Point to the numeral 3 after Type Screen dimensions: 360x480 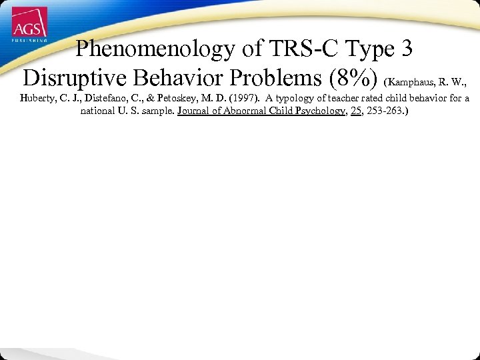(x=412, y=49)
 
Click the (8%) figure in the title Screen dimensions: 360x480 (x=357, y=79)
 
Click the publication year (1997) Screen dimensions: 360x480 (x=243, y=99)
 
